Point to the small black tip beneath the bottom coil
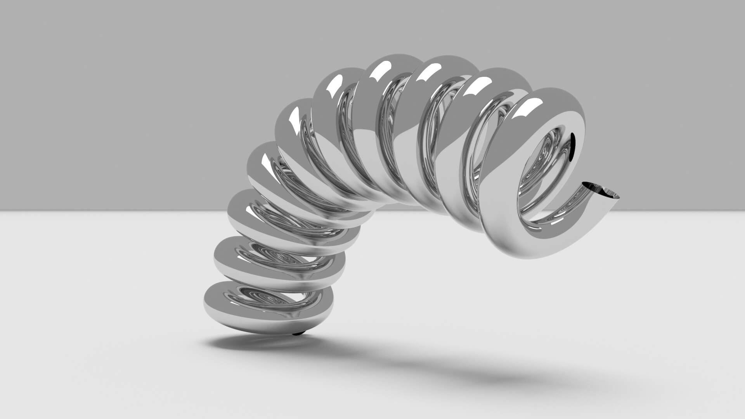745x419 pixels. tap(298, 333)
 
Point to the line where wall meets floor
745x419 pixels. tap(116, 211)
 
